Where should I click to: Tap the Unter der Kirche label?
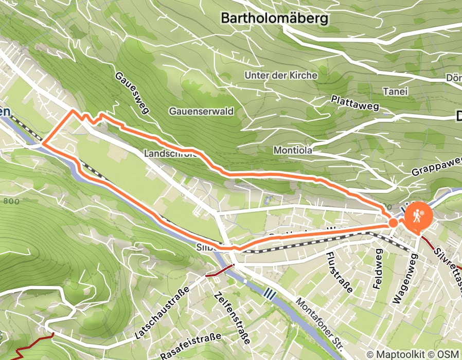pyautogui.click(x=281, y=75)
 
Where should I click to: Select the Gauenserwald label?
pyautogui.click(x=201, y=111)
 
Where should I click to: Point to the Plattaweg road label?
pyautogui.click(x=356, y=103)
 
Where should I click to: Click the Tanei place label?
pyautogui.click(x=395, y=92)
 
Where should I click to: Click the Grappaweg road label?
pyautogui.click(x=436, y=167)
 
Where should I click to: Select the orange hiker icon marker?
pyautogui.click(x=418, y=217)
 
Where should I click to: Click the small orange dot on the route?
pyautogui.click(x=393, y=223)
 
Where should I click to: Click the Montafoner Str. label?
pyautogui.click(x=323, y=325)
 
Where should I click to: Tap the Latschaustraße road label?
pyautogui.click(x=161, y=312)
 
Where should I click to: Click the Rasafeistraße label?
pyautogui.click(x=190, y=346)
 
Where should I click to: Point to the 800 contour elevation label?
pyautogui.click(x=11, y=202)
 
